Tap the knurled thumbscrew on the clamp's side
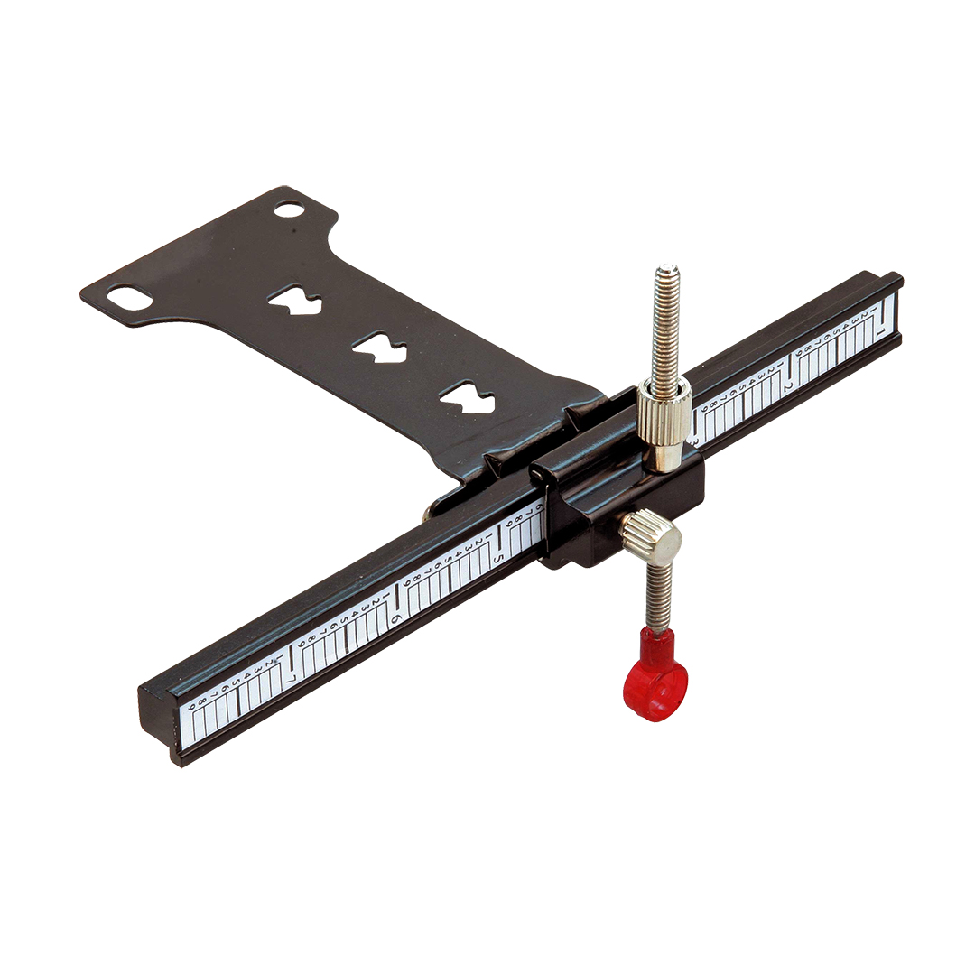pyautogui.click(x=653, y=534)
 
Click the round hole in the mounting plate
pyautogui.click(x=289, y=209)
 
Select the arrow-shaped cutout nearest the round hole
pyautogui.click(x=294, y=302)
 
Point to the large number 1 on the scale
pyautogui.click(x=880, y=331)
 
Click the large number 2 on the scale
pyautogui.click(x=787, y=386)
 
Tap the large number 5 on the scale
pyautogui.click(x=496, y=559)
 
